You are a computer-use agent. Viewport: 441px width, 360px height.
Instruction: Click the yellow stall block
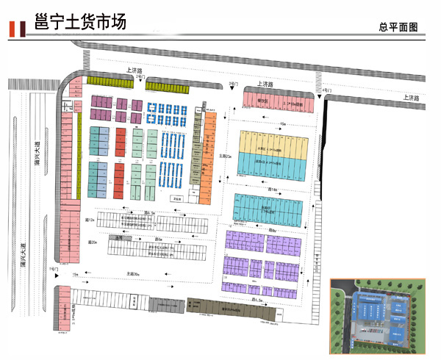(x=269, y=143)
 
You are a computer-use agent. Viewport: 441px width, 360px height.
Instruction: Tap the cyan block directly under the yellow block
(x=269, y=168)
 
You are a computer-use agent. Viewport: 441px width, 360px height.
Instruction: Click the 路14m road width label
(x=271, y=190)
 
